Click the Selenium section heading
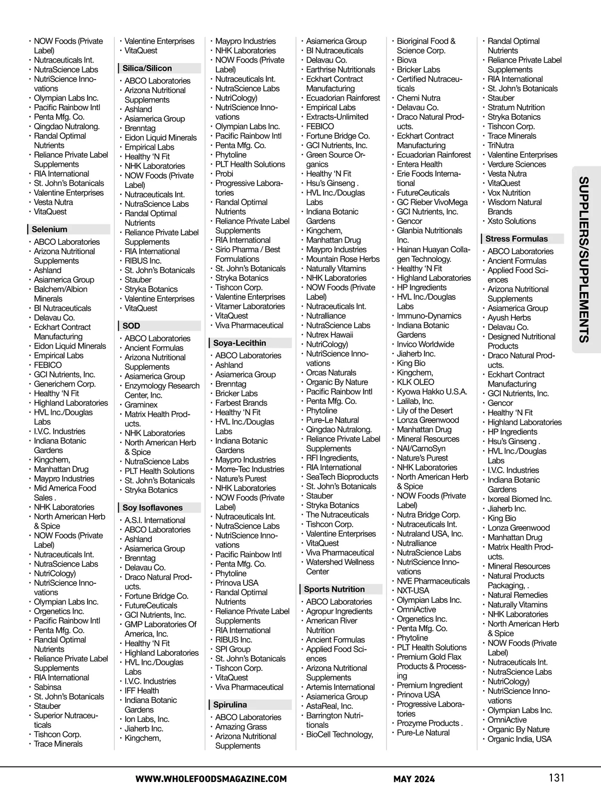50,229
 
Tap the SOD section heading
132,325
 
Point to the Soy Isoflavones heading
153,507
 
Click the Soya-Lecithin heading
239,343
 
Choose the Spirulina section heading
230,704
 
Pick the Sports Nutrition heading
334,589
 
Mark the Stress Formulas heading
516,239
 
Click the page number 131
556,777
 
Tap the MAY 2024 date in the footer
414,778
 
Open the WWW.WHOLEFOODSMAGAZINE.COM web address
211,778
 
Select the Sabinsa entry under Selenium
48,687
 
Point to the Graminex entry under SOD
141,405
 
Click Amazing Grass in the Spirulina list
241,726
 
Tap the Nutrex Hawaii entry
330,334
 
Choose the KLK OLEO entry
415,382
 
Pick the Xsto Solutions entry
511,221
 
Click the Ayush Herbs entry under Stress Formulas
509,317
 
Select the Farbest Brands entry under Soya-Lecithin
241,403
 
